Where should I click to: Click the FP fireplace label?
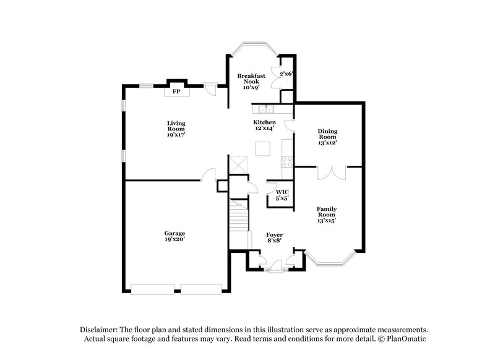coord(176,92)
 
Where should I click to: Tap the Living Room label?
coord(176,127)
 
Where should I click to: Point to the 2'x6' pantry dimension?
coord(286,74)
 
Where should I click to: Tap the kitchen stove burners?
coord(287,162)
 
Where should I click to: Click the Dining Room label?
coord(327,137)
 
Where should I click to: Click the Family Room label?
coord(327,214)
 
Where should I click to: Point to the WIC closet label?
coord(282,195)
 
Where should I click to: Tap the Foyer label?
coord(274,237)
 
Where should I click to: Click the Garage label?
coord(175,235)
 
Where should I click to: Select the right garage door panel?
coord(201,288)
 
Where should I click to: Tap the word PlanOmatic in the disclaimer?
coord(406,338)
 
